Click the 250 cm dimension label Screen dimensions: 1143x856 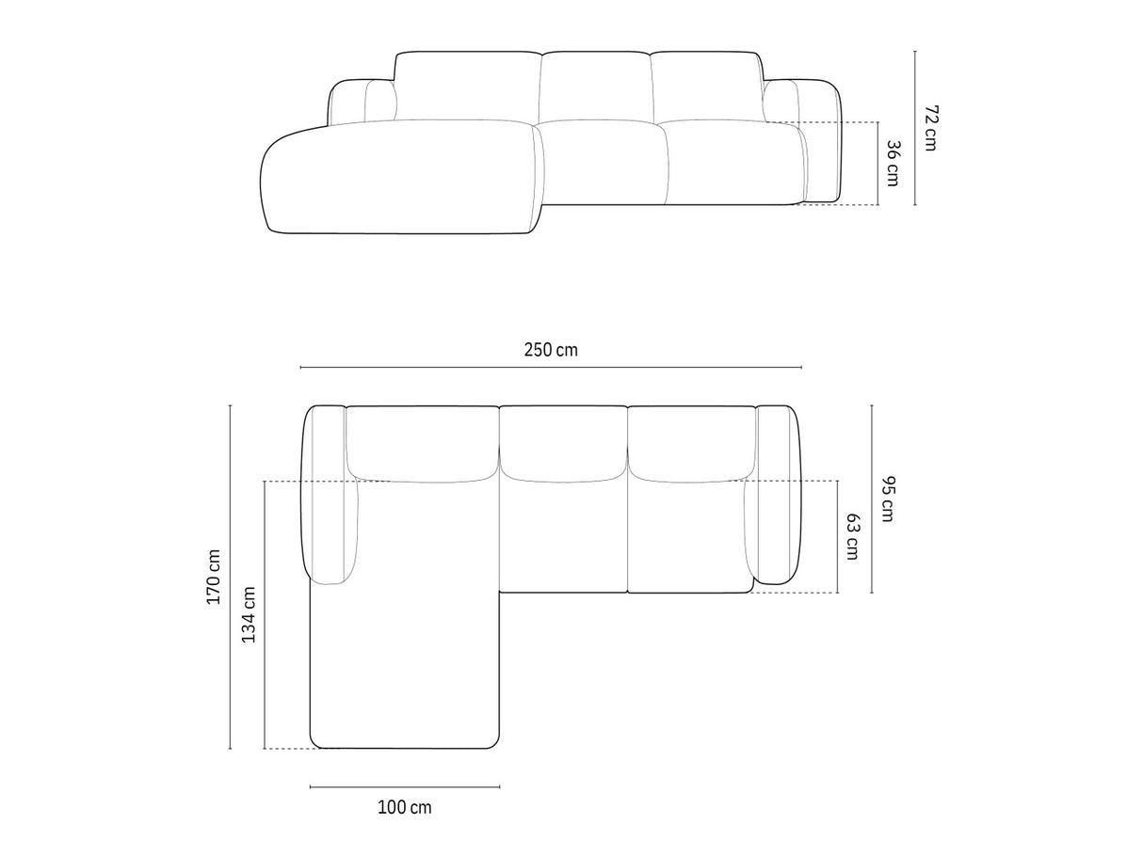(551, 350)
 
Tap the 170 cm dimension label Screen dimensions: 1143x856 (214, 577)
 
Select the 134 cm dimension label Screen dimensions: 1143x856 (249, 614)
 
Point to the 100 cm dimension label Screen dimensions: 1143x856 (405, 808)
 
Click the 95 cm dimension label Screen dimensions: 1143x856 (887, 499)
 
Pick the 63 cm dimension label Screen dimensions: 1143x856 (852, 537)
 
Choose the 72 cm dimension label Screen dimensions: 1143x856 (930, 128)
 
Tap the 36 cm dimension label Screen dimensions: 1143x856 (893, 163)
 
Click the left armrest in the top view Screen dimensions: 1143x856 (330, 495)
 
